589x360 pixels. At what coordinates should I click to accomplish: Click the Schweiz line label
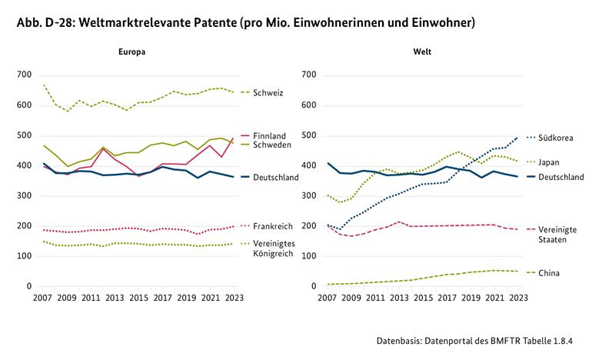point(268,93)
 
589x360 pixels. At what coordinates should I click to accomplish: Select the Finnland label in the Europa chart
point(269,135)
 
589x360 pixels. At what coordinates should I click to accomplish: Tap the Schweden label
point(272,145)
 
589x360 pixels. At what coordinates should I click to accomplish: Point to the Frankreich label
point(273,226)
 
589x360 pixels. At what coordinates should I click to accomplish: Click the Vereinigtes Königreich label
point(274,248)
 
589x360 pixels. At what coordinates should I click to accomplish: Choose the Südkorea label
point(556,138)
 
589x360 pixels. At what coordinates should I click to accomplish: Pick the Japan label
point(549,162)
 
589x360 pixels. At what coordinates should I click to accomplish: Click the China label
point(549,273)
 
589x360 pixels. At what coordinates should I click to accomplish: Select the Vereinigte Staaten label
point(557,235)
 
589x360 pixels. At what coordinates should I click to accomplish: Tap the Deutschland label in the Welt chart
point(561,177)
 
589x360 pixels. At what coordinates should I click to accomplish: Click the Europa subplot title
point(131,52)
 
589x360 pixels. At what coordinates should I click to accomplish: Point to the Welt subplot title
point(422,52)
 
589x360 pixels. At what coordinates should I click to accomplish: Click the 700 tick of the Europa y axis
point(24,75)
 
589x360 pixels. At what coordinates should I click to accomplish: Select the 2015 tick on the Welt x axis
point(424,298)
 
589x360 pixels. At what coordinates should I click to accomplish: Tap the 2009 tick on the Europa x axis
point(66,298)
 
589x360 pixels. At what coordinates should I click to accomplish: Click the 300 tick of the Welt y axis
point(309,195)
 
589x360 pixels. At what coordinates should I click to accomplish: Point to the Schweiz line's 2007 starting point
point(44,85)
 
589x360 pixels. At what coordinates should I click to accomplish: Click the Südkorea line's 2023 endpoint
point(517,138)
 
